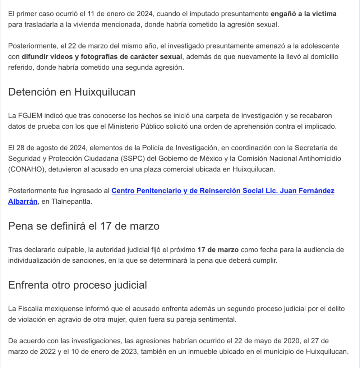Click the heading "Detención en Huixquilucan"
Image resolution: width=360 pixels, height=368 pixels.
[72, 92]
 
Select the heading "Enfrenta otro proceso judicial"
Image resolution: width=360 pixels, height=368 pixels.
[77, 285]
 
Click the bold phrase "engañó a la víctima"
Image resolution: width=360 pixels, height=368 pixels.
[304, 14]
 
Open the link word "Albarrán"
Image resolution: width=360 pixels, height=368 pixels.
[23, 202]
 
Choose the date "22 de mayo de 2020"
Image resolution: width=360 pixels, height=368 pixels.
[264, 340]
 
